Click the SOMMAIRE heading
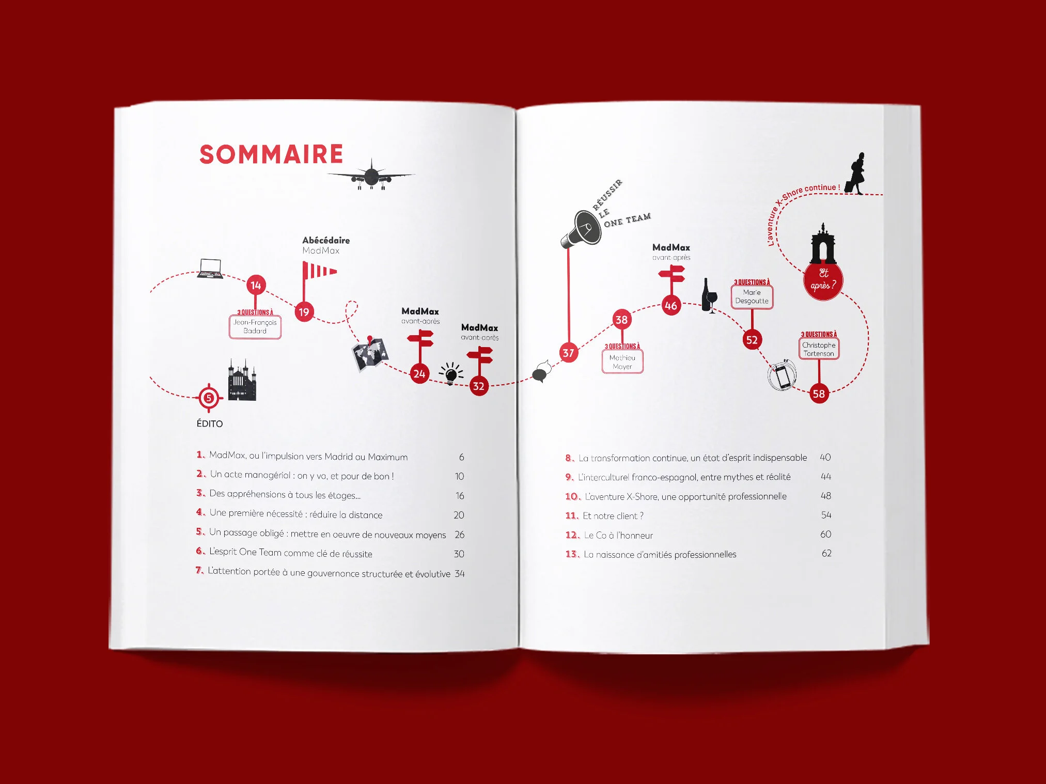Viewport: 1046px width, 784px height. (271, 154)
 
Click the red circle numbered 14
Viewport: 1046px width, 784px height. (256, 285)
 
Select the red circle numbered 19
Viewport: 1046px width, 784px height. (304, 312)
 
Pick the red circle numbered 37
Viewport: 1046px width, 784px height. (568, 353)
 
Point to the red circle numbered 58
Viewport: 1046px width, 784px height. (819, 394)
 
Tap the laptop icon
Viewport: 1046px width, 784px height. (210, 269)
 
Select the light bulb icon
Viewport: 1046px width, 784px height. (451, 373)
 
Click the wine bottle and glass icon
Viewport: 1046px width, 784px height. (709, 296)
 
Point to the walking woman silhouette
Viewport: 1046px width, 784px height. (855, 174)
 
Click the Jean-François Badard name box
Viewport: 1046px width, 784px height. (255, 326)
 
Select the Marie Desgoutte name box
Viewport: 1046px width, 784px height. (752, 296)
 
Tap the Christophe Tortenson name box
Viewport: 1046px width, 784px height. (819, 349)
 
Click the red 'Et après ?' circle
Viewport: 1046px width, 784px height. (823, 280)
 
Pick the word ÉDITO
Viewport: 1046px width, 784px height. (209, 424)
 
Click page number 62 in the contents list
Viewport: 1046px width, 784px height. (826, 553)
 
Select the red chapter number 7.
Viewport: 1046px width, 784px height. (199, 570)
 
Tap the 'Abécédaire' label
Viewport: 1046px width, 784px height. (326, 240)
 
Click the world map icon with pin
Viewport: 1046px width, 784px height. (370, 354)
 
